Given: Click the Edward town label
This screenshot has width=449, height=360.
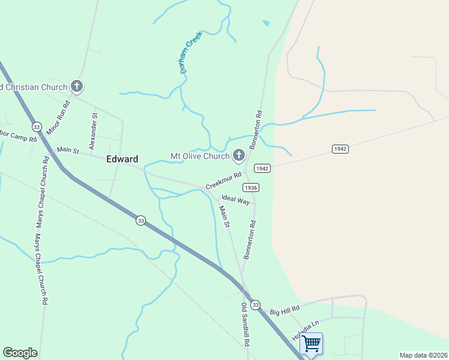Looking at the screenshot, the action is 122,159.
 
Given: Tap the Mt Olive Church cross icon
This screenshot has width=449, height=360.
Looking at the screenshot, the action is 239,156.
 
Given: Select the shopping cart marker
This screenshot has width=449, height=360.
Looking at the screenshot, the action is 311,344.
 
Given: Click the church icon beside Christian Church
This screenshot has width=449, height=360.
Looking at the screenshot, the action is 77,86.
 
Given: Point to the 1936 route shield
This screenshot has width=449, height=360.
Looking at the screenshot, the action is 252,188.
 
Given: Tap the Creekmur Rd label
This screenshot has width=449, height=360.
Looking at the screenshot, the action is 223,181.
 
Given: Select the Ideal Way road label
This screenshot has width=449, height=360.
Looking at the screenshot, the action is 235,200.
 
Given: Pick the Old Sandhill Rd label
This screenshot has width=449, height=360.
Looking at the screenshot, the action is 245,325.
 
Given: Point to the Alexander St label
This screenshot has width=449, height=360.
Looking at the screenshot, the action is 93,130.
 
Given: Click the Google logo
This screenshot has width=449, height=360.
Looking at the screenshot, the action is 20,353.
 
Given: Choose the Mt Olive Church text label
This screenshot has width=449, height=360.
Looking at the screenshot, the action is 200,156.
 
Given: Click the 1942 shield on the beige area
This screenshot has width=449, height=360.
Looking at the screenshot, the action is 340,149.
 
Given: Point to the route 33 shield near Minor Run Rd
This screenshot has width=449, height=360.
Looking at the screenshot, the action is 37,127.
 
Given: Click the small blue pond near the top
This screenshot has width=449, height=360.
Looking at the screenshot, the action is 266,23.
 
